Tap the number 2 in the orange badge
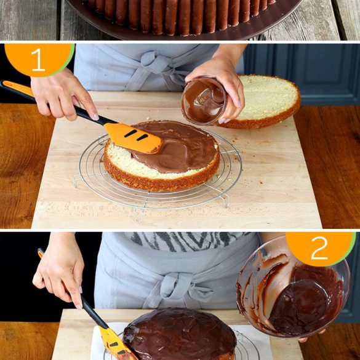pos(319,248)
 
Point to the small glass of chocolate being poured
pos(203,100)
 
